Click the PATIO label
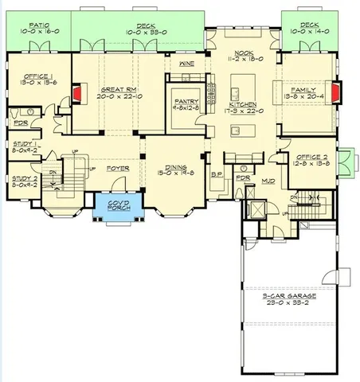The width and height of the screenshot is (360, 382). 34,25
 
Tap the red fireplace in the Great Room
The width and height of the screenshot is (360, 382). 77,95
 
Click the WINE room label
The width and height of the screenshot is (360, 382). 187,63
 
